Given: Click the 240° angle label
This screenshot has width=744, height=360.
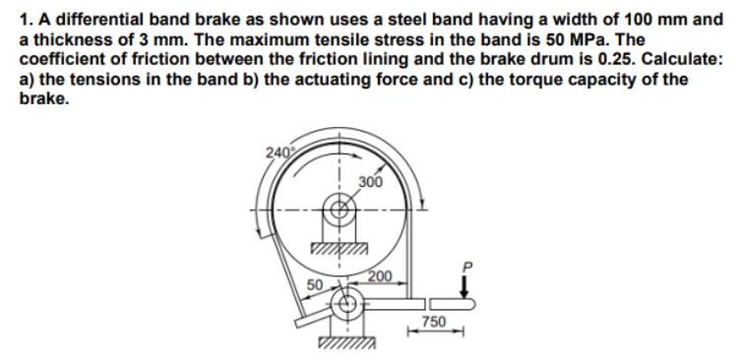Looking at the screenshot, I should (x=277, y=151).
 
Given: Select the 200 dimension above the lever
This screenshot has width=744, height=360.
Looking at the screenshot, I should (x=380, y=275).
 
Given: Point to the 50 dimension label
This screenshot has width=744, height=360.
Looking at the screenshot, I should (x=315, y=284).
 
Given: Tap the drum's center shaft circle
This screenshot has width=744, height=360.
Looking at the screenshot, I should (x=340, y=209).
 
